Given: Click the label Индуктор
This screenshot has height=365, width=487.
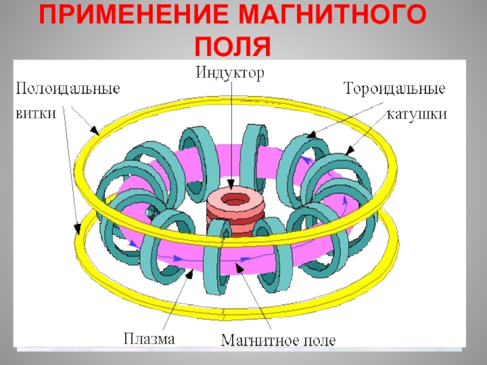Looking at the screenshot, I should click(230, 73).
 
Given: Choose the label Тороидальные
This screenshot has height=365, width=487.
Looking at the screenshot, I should click(395, 89).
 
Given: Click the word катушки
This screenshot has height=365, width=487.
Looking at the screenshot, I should click(418, 114).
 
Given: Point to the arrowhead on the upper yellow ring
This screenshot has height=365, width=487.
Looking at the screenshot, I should click(94, 130).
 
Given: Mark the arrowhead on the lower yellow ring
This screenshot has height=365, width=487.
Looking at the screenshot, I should click(77, 229).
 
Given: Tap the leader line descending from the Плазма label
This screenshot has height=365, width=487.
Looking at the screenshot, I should click(173, 304).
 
